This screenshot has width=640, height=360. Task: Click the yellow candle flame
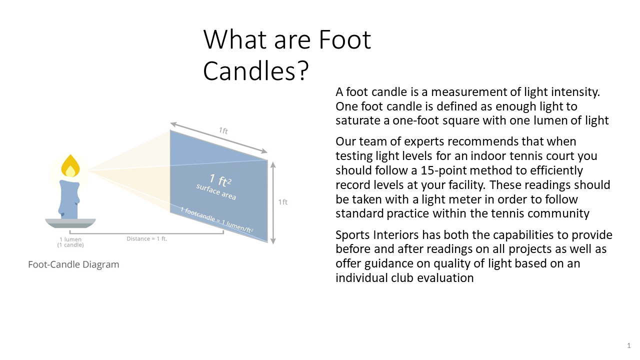pyautogui.click(x=70, y=166)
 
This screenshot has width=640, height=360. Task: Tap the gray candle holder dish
pyautogui.click(x=70, y=223)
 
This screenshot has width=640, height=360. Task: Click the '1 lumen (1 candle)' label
pyautogui.click(x=70, y=242)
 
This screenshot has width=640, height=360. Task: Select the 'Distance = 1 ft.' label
pyautogui.click(x=147, y=238)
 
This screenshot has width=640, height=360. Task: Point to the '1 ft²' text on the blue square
pyautogui.click(x=220, y=180)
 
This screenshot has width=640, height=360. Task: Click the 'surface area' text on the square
pyautogui.click(x=216, y=191)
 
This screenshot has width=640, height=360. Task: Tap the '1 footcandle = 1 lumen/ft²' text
pyautogui.click(x=216, y=220)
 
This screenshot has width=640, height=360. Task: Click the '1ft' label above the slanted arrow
pyautogui.click(x=223, y=131)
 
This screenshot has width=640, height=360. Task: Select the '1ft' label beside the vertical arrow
pyautogui.click(x=283, y=202)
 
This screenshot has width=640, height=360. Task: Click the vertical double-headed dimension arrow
pyautogui.click(x=273, y=203)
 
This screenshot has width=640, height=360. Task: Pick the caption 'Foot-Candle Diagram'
pyautogui.click(x=73, y=264)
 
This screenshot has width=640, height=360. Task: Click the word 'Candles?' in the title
pyautogui.click(x=255, y=70)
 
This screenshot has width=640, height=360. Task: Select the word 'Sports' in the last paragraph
pyautogui.click(x=352, y=235)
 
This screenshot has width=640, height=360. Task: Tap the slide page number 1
pyautogui.click(x=629, y=345)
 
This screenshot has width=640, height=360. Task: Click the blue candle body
pyautogui.click(x=69, y=199)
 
